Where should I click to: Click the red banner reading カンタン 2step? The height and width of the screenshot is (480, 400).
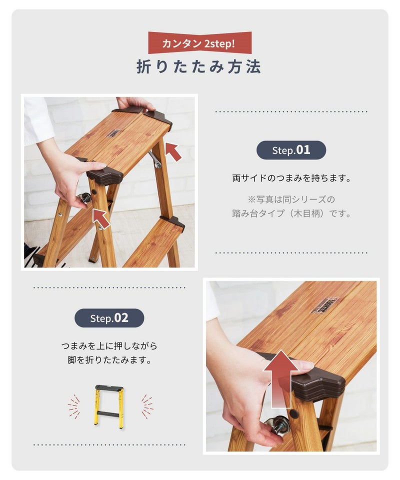tap(200, 43)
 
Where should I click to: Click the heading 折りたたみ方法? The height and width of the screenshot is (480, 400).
tap(198, 66)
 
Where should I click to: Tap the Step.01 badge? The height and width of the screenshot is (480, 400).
tap(291, 150)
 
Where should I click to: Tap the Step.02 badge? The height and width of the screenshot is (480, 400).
tap(109, 318)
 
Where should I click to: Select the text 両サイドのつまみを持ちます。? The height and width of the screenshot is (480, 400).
tap(291, 178)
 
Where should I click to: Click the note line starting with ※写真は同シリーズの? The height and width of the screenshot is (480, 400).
tap(291, 199)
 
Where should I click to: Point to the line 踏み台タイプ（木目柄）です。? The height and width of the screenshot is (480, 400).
tap(291, 213)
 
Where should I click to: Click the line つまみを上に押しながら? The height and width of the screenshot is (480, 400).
tap(109, 346)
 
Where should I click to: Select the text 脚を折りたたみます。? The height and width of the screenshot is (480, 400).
tap(109, 359)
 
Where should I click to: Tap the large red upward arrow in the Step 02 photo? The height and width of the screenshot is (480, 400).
tap(280, 379)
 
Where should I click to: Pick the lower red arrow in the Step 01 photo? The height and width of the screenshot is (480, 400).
tap(101, 217)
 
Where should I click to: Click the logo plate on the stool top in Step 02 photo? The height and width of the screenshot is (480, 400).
tap(324, 305)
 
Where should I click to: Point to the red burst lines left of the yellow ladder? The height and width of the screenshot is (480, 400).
tap(74, 406)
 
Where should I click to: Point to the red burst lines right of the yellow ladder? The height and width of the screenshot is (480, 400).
tap(147, 406)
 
